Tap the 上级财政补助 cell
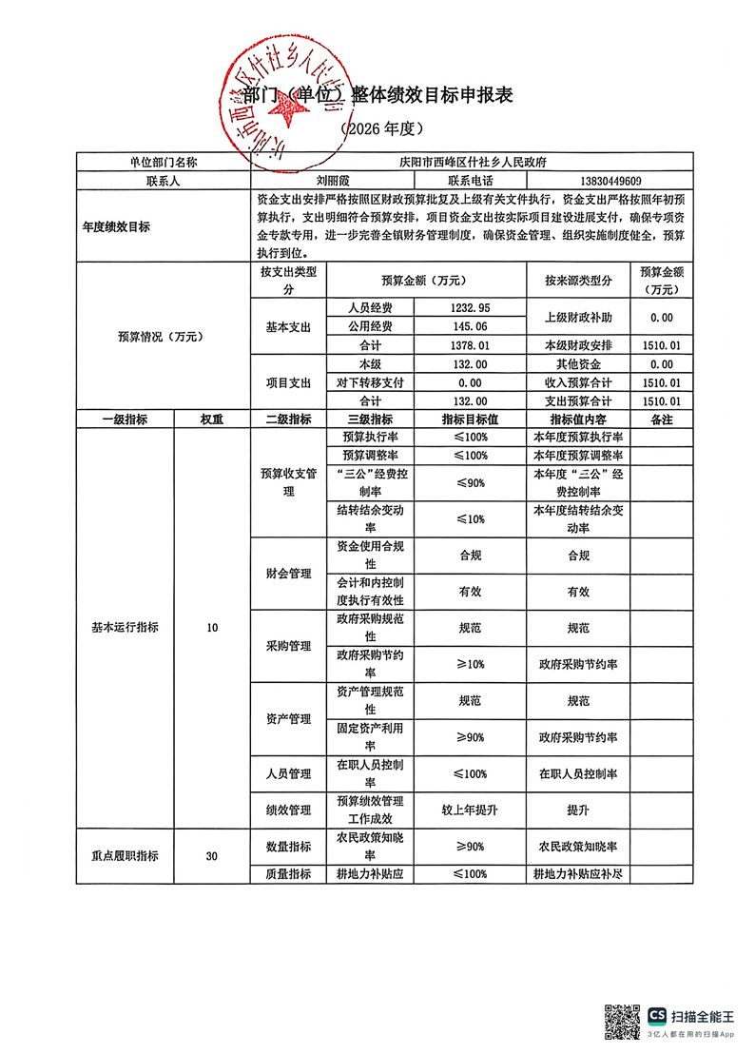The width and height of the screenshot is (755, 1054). [x=578, y=317]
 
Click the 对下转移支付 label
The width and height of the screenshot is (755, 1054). [x=370, y=382]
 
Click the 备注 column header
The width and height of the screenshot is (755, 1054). [x=659, y=419]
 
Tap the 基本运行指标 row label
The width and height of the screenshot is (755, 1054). [x=125, y=628]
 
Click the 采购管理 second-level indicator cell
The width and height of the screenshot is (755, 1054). [x=287, y=646]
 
